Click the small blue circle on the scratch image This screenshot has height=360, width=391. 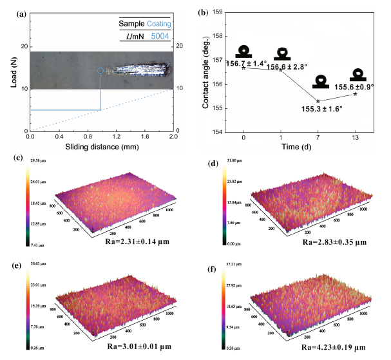tap(100, 70)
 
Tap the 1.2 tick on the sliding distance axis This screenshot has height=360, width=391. tap(116, 137)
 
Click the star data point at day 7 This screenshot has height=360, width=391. tap(318, 101)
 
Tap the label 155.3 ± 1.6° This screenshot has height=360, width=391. tap(322, 109)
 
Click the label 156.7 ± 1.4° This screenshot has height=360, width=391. tap(245, 63)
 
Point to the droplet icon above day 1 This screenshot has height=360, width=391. tap(282, 55)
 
